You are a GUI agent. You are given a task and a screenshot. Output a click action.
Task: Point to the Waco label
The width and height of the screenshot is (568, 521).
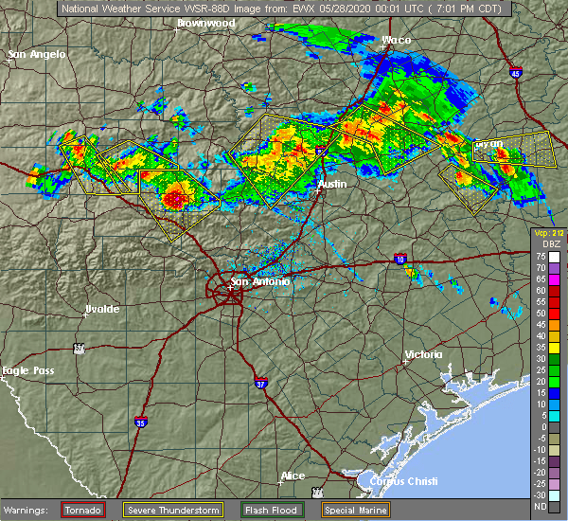point(395,40)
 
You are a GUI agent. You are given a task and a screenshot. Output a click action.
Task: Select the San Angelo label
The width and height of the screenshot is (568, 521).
point(37,54)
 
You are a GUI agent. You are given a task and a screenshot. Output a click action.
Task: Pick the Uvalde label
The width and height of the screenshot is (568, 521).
point(101,309)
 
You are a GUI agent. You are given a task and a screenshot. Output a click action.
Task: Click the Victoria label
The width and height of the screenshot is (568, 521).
point(423,354)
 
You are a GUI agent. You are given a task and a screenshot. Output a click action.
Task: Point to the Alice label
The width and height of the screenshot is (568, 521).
point(292,476)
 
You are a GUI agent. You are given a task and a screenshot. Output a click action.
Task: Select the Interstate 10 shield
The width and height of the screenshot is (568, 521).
point(400,258)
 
